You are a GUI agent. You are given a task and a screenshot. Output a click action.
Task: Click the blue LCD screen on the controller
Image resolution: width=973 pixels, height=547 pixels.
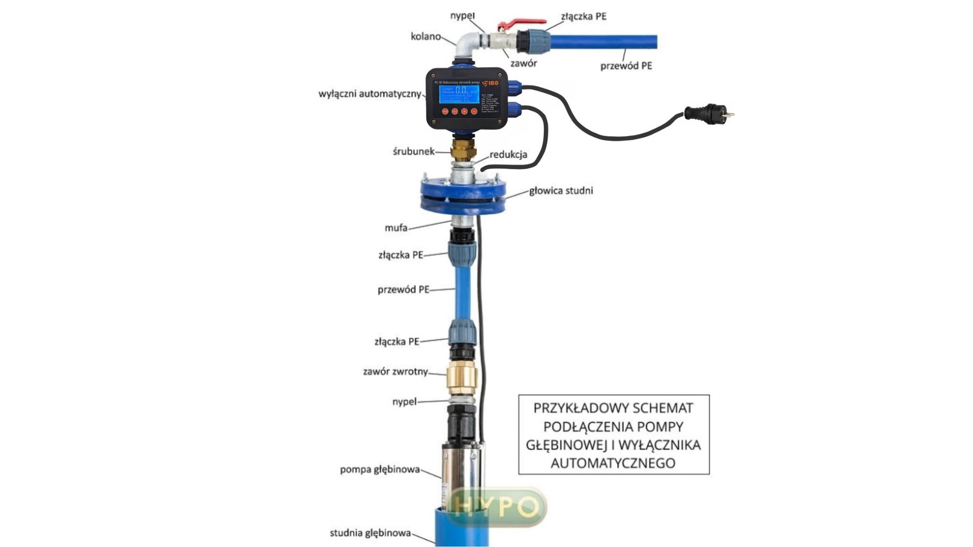point(459,95)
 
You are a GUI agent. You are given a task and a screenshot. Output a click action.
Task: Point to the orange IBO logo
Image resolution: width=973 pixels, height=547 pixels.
point(490,83)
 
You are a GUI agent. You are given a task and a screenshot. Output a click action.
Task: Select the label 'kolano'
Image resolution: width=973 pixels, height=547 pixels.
point(425,36)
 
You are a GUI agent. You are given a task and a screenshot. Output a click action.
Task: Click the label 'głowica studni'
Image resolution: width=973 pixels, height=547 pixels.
point(560,191)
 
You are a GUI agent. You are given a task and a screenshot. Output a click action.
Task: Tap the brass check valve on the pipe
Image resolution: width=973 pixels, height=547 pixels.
point(461,377)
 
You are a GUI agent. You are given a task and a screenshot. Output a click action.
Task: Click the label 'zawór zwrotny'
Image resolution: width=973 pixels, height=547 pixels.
point(395,372)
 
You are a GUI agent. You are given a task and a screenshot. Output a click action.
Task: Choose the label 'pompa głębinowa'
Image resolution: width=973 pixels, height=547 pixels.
point(380,470)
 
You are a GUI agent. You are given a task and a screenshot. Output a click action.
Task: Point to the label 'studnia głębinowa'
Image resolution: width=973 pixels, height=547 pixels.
point(370,533)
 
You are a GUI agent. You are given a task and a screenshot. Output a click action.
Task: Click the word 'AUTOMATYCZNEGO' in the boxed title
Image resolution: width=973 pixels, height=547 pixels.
point(613,463)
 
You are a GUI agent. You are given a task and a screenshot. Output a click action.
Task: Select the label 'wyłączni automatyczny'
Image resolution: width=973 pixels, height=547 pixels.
point(369,94)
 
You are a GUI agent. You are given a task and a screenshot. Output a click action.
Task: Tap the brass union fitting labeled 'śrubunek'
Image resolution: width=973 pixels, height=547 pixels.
point(463,150)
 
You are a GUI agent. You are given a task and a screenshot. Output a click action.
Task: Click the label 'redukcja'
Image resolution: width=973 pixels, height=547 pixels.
point(508,154)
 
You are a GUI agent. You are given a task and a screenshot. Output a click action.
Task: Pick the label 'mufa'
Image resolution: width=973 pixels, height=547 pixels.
point(396,228)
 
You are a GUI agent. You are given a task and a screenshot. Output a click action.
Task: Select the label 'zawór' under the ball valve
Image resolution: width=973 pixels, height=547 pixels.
point(523,63)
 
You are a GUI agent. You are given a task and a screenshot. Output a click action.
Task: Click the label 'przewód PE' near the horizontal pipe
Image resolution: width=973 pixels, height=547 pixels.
point(626,66)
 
